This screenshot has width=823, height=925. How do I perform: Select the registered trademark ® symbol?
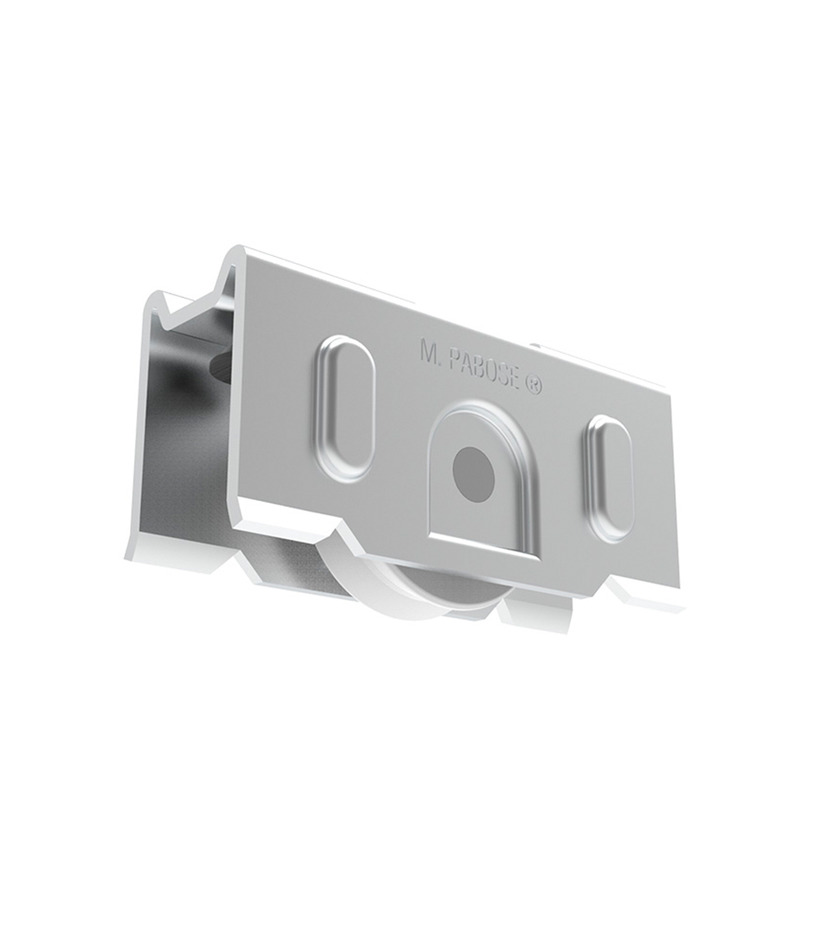pos(532,384)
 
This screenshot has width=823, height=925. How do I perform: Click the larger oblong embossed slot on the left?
pos(345,407)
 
